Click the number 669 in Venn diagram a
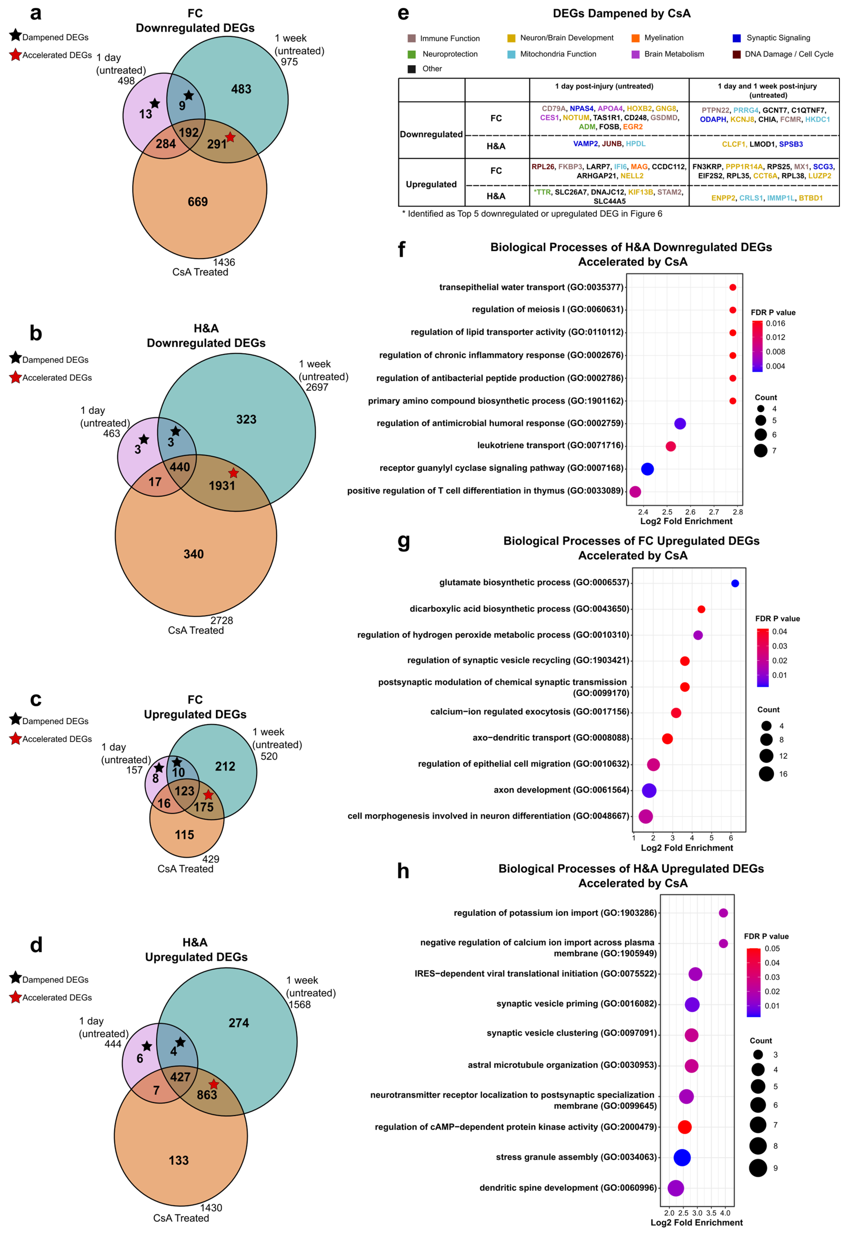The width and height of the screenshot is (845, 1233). click(198, 202)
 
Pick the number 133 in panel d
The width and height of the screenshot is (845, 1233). click(179, 1160)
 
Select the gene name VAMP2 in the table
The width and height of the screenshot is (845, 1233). click(585, 144)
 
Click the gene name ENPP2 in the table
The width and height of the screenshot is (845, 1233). click(723, 198)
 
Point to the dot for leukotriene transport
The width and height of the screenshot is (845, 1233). click(671, 446)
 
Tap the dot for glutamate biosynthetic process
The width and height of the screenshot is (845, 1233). click(735, 583)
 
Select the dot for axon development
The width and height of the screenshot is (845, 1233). click(649, 791)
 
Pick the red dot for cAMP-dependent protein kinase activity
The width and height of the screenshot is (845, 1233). click(684, 1127)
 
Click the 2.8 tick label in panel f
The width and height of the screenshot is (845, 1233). click(737, 512)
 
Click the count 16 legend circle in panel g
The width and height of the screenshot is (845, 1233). click(766, 774)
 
